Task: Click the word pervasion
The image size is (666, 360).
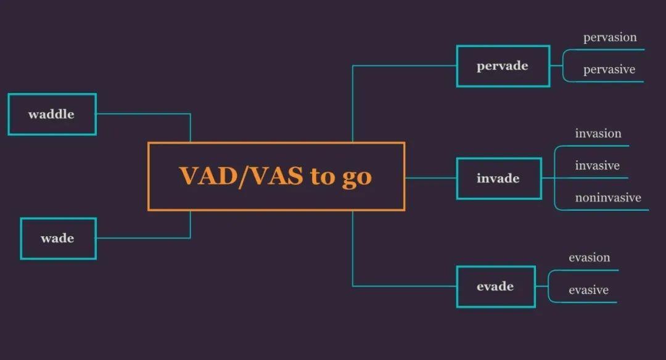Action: pyautogui.click(x=610, y=38)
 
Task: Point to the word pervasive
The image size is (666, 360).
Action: pyautogui.click(x=609, y=70)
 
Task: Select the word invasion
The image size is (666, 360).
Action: pyautogui.click(x=598, y=133)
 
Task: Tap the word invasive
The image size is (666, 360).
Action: pyautogui.click(x=597, y=166)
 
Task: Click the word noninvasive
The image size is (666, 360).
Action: pyautogui.click(x=608, y=197)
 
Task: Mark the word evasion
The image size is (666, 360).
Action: pyautogui.click(x=589, y=258)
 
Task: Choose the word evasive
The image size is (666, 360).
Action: pyautogui.click(x=589, y=290)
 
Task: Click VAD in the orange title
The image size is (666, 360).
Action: pyautogui.click(x=208, y=176)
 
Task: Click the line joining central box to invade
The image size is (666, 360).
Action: pyautogui.click(x=430, y=178)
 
